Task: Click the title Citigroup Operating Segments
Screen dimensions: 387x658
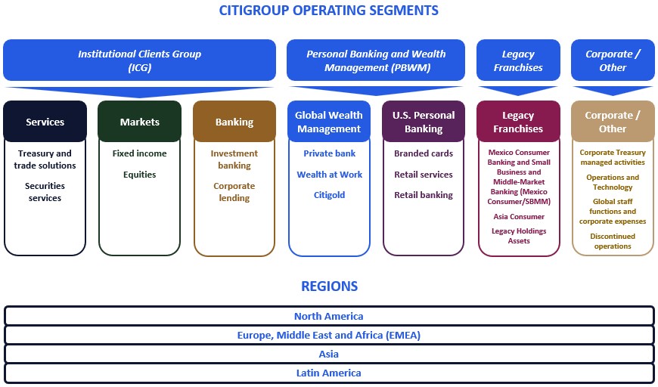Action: point(328,11)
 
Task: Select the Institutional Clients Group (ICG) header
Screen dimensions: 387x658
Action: point(139,60)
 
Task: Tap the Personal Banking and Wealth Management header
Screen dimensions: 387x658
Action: point(376,60)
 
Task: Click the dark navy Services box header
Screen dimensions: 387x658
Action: point(45,122)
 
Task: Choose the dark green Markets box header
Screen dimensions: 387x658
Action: point(139,122)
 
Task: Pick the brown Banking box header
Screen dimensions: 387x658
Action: point(234,122)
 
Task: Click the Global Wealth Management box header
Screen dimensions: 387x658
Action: point(329,122)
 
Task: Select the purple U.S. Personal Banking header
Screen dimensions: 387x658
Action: point(424,122)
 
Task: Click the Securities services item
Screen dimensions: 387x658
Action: point(45,192)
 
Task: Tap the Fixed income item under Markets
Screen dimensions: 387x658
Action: point(139,153)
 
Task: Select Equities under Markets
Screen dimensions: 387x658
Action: point(139,175)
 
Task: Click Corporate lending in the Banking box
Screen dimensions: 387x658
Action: point(234,192)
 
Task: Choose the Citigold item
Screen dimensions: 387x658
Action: point(329,195)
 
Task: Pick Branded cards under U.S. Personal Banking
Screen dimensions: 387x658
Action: point(424,153)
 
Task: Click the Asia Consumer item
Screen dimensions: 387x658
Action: point(519,217)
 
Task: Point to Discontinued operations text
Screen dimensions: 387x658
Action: point(613,241)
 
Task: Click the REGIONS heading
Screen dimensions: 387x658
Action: point(329,286)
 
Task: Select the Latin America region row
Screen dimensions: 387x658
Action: point(329,373)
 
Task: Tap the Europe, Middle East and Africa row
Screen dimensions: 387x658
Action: point(329,335)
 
